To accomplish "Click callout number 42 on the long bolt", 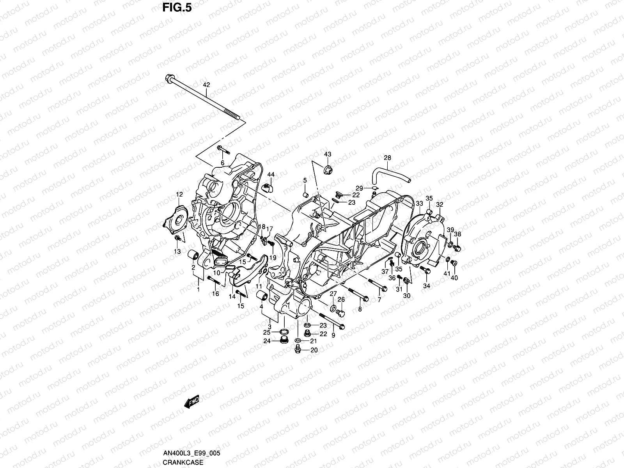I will coord(206,85).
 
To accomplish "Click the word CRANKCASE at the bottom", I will coord(183,463).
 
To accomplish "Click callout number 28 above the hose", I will coord(387,158).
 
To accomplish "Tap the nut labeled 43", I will coord(327,170).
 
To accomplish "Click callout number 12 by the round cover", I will coord(179,194).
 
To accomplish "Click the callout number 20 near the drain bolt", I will coord(314,350).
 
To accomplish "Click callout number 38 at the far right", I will coord(458,234).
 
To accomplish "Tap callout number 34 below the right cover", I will coord(427,286).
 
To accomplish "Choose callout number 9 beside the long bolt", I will coord(333,335).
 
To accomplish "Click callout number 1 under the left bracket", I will coord(198,290).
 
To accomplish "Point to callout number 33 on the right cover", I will coord(419,204).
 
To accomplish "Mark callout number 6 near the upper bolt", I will coord(223,163).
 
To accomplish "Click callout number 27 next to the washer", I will coord(333,294).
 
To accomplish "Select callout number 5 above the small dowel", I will coord(305,180).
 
